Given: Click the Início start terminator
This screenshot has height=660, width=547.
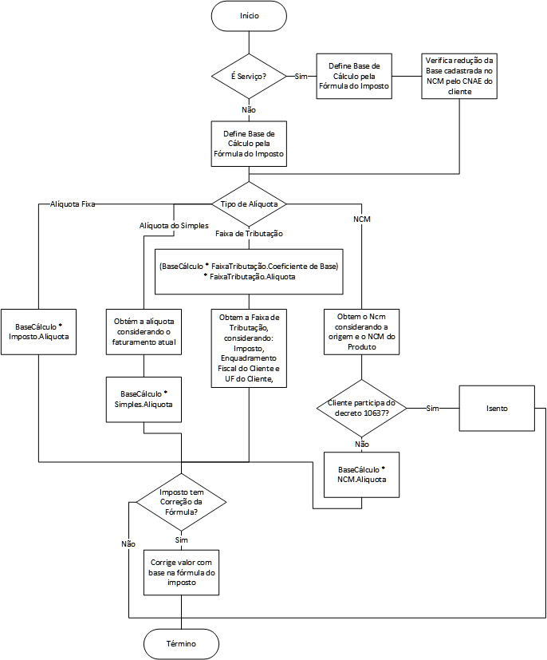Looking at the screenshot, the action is tap(249, 16).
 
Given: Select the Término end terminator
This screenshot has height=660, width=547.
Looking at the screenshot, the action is tap(181, 644).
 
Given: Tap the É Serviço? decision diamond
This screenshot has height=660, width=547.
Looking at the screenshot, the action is tap(249, 76).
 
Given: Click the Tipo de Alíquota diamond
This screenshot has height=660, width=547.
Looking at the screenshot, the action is tap(249, 204).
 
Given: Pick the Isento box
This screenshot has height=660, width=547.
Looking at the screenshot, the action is tap(497, 409).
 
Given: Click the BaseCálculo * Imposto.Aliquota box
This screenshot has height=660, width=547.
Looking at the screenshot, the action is tap(39, 332).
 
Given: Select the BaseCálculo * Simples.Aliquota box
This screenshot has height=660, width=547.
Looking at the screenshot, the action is tap(144, 400).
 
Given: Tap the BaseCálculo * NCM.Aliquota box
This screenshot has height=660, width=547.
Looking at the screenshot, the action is tap(361, 475).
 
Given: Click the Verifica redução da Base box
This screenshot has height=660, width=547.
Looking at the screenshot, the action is tap(459, 76).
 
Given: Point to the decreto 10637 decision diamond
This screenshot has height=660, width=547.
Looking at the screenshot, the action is tap(361, 408).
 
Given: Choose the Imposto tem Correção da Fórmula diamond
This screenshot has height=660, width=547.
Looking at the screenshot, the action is tap(181, 502).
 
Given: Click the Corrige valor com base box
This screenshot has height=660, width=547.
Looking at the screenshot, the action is tap(181, 572).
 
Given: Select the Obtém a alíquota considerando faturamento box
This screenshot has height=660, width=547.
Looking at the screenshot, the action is tap(144, 332).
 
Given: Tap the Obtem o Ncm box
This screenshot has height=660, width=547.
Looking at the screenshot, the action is tap(361, 332).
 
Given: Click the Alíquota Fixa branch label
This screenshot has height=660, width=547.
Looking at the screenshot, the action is tap(73, 204).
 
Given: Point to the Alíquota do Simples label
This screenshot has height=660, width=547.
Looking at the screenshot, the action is tap(174, 226).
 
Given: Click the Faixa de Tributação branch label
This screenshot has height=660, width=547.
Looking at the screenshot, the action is tap(249, 234).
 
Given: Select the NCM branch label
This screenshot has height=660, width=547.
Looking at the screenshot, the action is tap(362, 219).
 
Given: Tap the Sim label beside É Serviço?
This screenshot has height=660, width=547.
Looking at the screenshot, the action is tap(301, 76).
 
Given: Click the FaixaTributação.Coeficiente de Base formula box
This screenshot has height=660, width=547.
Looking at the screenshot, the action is tap(249, 271).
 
